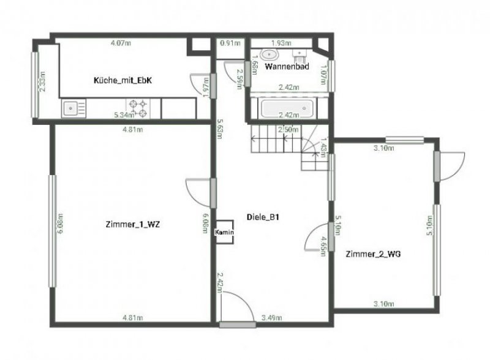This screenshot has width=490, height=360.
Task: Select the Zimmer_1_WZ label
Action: click(133, 225)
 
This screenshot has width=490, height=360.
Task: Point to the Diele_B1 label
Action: click(263, 217)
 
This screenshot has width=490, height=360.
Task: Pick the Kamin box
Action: click(223, 232)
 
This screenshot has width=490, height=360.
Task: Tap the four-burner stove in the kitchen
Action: click(138, 108)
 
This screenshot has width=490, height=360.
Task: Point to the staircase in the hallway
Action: click(288, 145)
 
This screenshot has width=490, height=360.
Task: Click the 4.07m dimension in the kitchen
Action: click(121, 43)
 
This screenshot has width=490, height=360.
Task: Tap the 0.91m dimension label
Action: click(229, 43)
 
